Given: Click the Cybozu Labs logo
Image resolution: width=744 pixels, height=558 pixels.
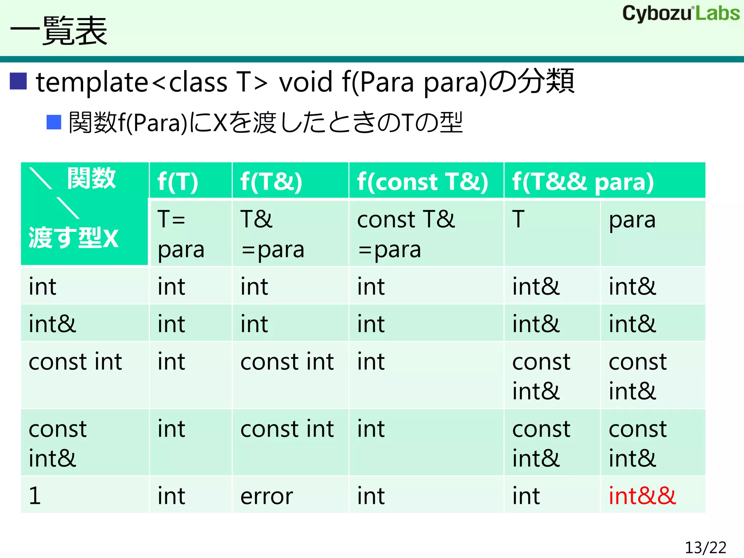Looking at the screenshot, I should coord(681,14).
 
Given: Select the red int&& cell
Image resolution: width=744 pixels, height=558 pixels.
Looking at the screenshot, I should coord(642,496).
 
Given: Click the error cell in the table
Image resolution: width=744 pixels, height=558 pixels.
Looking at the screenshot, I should coord(267,496).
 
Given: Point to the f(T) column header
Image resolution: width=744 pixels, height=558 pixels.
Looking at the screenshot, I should coord(178,181).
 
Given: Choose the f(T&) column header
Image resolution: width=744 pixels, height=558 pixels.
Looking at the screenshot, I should coord(271,181).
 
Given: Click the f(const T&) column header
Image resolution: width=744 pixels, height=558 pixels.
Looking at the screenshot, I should coord(422,181).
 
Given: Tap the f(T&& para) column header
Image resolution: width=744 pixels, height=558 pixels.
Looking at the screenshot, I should coord(583,181).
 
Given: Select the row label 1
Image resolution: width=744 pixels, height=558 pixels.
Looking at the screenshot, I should coord(35,496).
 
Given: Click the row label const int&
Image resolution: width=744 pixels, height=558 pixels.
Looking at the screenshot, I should coord(57,443).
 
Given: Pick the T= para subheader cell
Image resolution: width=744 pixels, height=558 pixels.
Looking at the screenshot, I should coord(181,234).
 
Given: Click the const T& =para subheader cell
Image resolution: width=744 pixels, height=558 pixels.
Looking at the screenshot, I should coord(406,234).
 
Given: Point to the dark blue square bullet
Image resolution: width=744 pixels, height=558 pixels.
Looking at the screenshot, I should coord(18,81).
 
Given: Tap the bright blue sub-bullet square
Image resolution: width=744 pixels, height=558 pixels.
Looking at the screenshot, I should coord(54,122).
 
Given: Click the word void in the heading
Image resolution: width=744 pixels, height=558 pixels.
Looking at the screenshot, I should coord(306,82).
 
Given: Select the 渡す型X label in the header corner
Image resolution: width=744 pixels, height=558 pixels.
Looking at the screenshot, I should coord(73,238).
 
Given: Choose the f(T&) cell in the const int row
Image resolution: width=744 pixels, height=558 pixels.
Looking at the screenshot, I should coord(287,362).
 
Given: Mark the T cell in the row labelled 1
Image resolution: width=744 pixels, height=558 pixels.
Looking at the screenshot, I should coord(526,496).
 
